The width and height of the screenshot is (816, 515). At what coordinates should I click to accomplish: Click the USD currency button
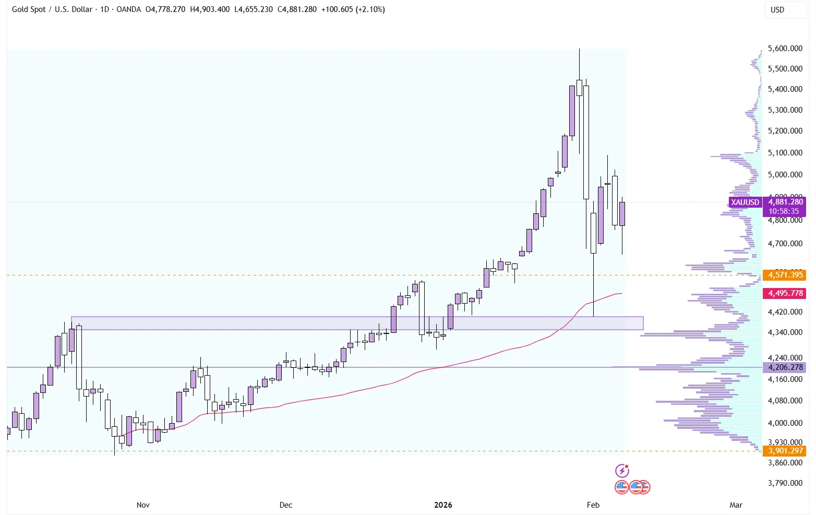pos(777,10)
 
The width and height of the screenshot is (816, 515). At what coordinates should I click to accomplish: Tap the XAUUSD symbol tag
pos(745,202)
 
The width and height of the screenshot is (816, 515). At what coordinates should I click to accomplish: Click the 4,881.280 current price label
pos(785,202)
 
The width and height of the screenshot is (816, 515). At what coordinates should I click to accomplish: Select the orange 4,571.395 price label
pos(785,275)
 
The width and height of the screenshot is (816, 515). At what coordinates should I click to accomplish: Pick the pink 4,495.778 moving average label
pos(785,293)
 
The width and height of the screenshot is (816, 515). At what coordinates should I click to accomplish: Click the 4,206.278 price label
pos(785,367)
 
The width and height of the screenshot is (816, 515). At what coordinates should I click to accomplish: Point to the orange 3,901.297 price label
pos(785,451)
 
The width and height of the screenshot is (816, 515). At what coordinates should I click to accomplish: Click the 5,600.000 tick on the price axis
pos(785,49)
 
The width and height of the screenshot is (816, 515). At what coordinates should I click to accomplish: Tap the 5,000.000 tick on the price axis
pos(785,175)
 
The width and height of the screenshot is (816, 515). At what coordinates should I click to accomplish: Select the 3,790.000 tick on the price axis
pos(785,483)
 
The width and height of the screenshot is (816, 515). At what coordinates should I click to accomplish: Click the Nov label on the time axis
pos(143,505)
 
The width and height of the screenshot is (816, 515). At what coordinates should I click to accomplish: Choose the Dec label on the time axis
pos(286,505)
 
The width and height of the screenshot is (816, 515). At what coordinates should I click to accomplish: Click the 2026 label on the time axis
pos(443,505)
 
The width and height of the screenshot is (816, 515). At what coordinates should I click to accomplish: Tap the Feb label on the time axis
pos(593,505)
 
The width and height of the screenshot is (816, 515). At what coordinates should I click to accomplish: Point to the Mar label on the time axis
pos(736,505)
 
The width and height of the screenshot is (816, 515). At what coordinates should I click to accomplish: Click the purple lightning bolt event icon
pos(622,471)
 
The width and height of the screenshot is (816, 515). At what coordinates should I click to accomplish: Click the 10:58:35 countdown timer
pos(784,211)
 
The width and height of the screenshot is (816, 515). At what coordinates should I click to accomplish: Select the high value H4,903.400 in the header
pos(210,9)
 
